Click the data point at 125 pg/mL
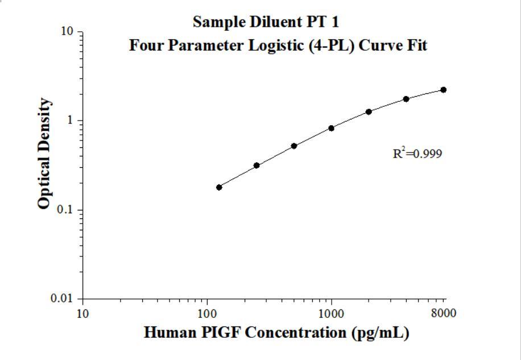[219, 187]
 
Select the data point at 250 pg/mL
[257, 165]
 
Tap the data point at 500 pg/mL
[294, 146]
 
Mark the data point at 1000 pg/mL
[331, 128]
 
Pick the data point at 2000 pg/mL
[369, 111]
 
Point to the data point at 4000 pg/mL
[406, 99]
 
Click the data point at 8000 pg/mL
[444, 90]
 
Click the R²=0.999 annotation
[417, 154]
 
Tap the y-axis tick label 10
[68, 31]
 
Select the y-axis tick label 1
[72, 121]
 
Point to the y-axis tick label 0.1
[67, 210]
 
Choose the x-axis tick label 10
[83, 313]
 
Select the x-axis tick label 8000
[444, 313]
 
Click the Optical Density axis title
[44, 154]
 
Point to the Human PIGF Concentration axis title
[276, 332]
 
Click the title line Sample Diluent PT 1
[266, 22]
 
